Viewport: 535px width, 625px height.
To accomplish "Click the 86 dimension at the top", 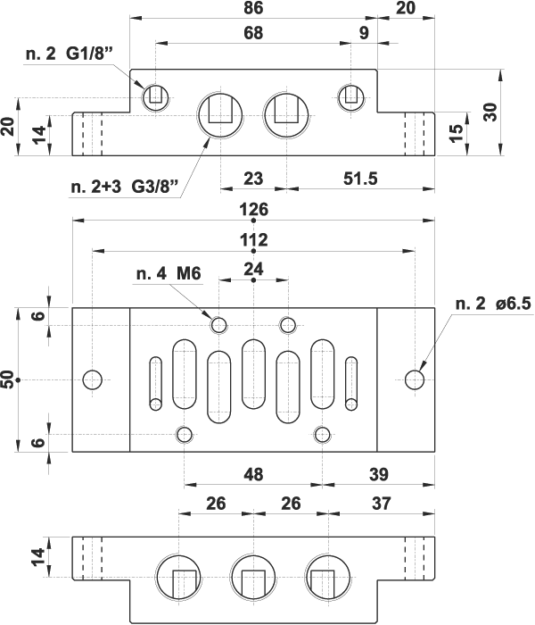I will click(x=254, y=8).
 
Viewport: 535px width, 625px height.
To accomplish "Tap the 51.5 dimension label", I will click(x=359, y=179).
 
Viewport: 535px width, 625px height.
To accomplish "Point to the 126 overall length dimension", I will click(x=254, y=210).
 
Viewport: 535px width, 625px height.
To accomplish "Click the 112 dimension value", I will click(x=254, y=240).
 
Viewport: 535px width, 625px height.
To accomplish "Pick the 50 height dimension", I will click(x=9, y=380).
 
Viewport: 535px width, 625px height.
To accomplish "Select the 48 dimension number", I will click(x=253, y=475).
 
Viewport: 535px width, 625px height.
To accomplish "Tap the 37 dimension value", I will click(x=382, y=504).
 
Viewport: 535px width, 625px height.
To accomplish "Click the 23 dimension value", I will click(x=253, y=179).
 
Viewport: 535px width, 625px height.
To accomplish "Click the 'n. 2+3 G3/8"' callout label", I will click(x=126, y=187).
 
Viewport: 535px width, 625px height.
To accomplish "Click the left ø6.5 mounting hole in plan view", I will click(x=92, y=379).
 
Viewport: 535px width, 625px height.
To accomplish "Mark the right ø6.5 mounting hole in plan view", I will click(x=415, y=379).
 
